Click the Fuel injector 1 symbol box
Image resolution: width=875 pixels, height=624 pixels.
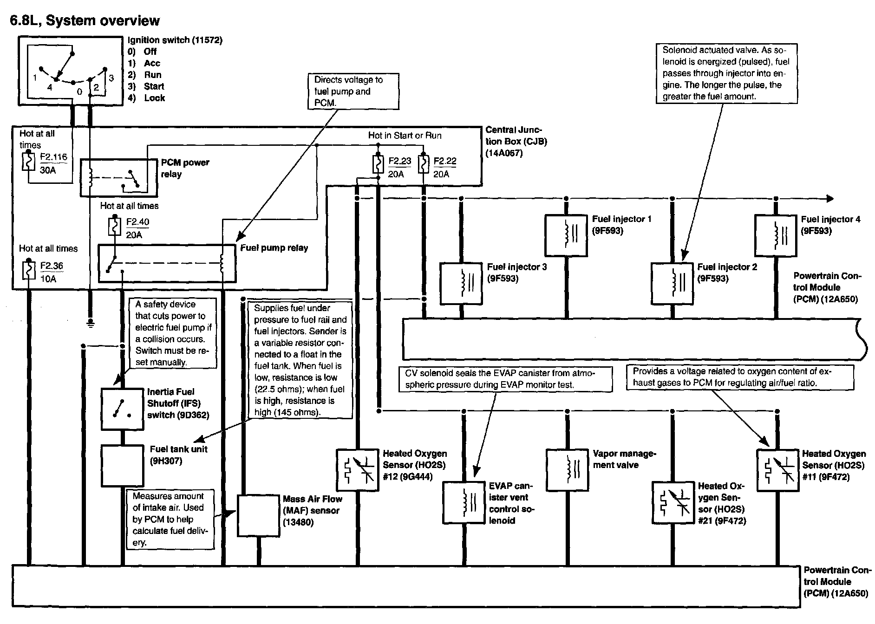point(566,235)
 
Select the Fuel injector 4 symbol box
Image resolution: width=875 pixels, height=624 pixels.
point(775,235)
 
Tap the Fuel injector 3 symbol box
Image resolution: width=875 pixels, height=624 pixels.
point(461,284)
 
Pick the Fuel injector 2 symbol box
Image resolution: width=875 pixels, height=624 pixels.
point(672,284)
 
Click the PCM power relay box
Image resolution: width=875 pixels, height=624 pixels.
point(119,178)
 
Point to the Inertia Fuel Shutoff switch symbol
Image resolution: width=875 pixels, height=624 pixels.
point(122,409)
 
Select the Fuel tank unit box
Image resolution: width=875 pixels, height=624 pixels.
point(122,466)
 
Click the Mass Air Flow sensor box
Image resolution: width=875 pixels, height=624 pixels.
point(258,516)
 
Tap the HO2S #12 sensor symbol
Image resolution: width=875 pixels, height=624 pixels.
point(357,470)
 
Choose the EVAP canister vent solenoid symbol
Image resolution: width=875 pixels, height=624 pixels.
point(464,502)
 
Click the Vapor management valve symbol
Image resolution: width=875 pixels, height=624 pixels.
point(567,469)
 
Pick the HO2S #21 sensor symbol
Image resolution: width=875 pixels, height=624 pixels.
point(673,502)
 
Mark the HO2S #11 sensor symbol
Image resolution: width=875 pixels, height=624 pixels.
point(777,469)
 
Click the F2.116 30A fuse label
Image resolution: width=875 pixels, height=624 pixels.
point(53,163)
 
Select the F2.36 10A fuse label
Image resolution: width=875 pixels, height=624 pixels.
point(51,272)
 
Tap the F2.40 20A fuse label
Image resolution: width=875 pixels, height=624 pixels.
point(137,228)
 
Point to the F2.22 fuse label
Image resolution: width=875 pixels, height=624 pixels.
point(444,167)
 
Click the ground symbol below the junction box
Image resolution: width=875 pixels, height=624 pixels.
point(91,323)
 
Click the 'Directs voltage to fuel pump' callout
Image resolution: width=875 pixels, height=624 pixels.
point(353,91)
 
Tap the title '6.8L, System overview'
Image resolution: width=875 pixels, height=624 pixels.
point(85,21)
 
